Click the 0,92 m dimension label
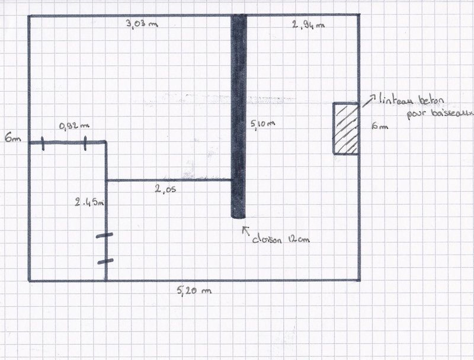(75, 126)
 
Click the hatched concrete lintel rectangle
(345, 128)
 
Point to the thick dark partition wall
(238, 116)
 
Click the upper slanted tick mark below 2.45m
(104, 236)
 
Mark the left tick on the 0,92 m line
(43, 142)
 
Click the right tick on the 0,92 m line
(85, 142)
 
